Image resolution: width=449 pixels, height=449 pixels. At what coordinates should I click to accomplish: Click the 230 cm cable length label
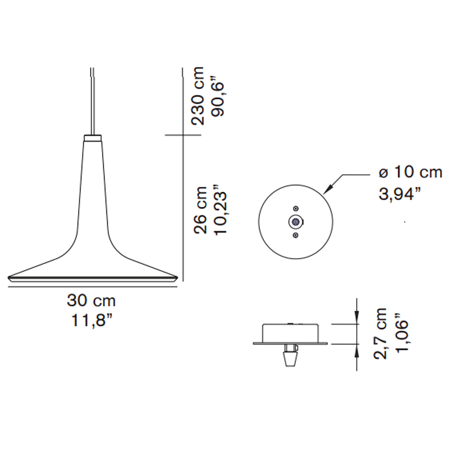(198, 96)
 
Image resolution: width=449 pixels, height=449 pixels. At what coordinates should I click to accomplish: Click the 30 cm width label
(91, 301)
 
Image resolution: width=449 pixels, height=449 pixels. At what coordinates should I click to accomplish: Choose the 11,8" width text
(91, 321)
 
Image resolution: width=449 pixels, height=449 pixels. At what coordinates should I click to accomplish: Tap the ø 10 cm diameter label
(410, 172)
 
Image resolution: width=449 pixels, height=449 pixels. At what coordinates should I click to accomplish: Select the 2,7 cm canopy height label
(380, 333)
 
